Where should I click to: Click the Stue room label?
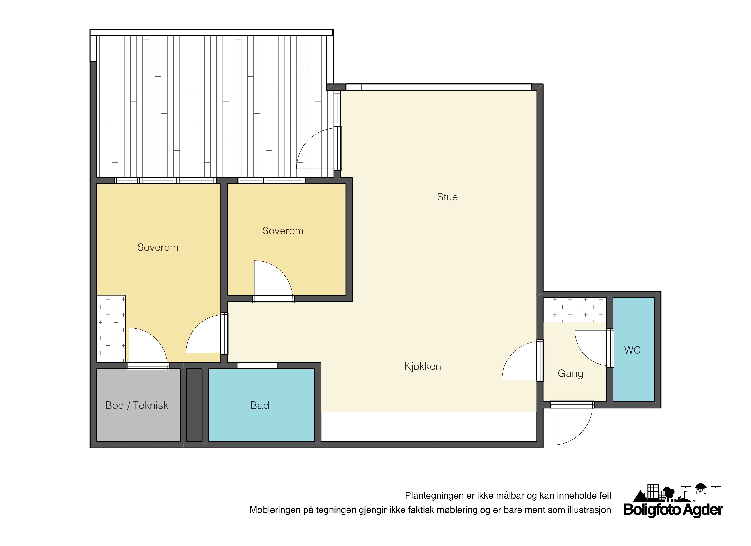447,197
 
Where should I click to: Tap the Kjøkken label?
423,366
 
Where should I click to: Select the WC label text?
632,350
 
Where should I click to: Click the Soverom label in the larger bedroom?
158,247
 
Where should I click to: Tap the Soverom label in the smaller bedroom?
283,231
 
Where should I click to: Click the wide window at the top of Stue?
438,87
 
